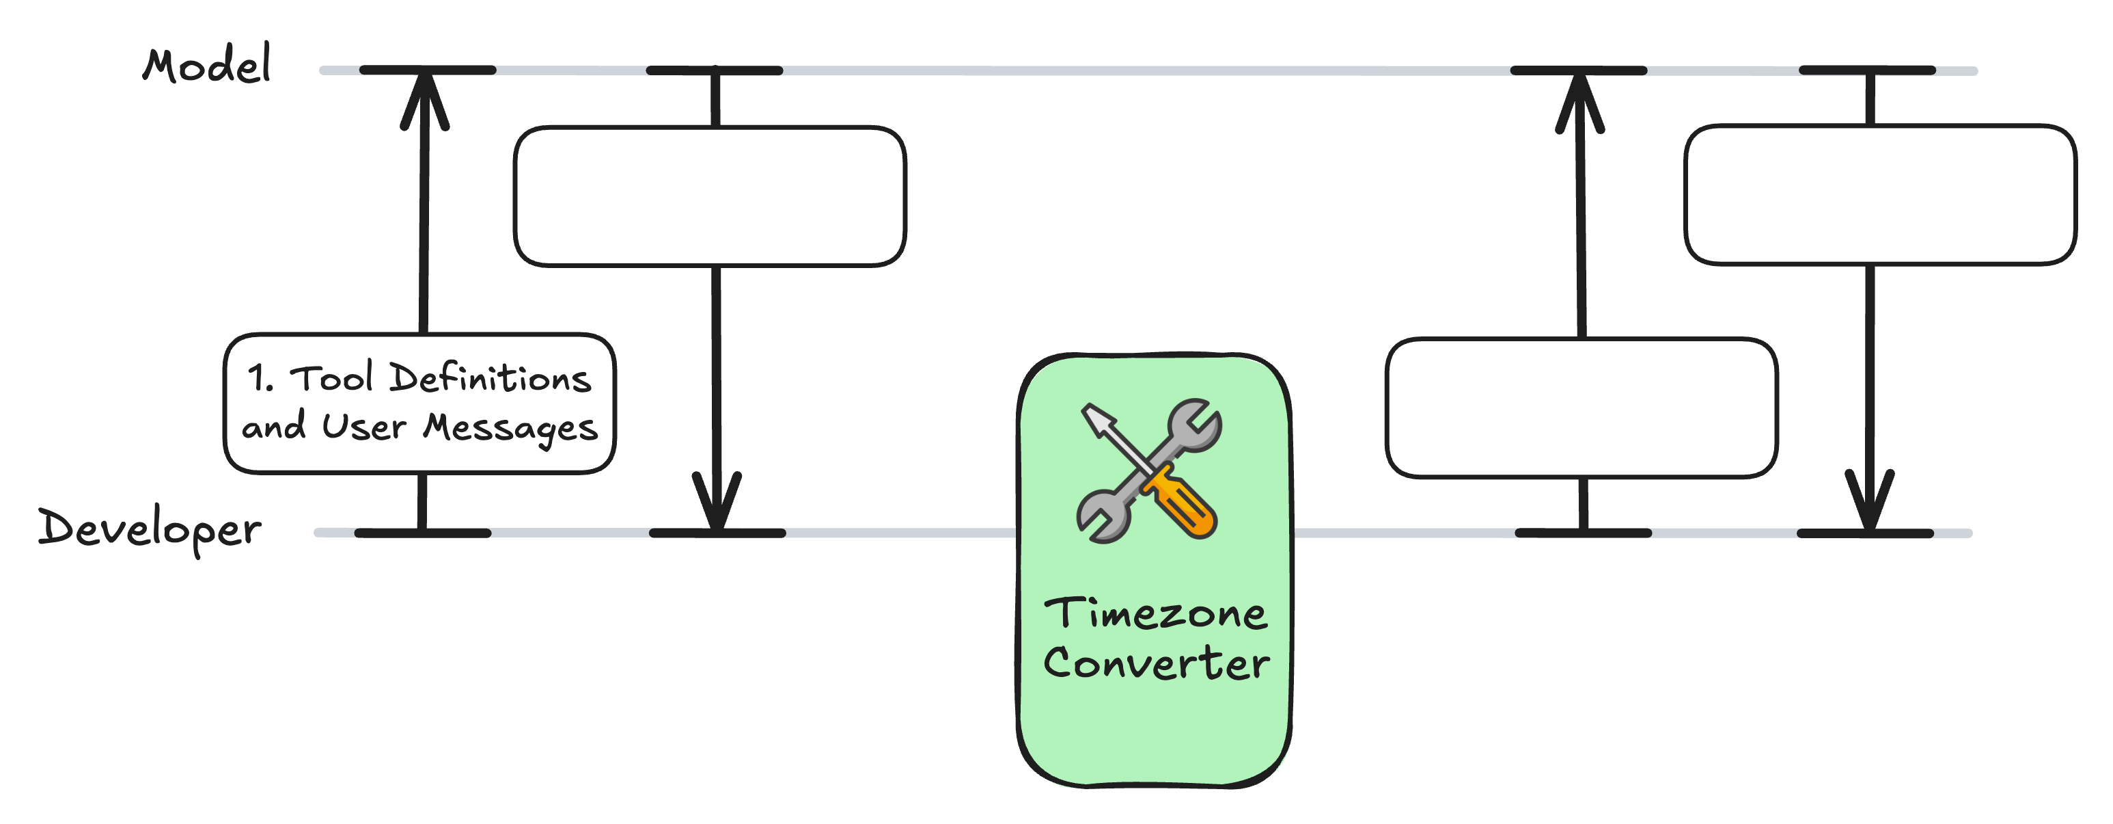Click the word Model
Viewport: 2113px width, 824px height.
click(207, 65)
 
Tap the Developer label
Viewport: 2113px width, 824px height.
click(150, 529)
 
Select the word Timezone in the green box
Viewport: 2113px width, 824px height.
click(1155, 614)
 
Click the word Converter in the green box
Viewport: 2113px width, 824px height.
click(1156, 663)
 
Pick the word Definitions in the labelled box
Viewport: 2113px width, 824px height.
click(490, 378)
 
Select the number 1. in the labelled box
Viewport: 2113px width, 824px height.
click(261, 379)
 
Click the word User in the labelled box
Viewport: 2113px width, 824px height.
click(363, 427)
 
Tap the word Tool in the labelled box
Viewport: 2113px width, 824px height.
click(332, 378)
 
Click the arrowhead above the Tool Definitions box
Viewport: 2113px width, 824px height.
click(425, 98)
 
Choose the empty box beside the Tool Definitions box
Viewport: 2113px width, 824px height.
click(710, 197)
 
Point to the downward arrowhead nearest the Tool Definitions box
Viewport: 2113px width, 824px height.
click(717, 501)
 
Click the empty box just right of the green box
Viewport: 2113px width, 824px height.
click(1582, 408)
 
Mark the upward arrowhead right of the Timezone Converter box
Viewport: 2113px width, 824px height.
click(1580, 103)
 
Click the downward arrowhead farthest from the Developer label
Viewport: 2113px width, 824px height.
click(1869, 499)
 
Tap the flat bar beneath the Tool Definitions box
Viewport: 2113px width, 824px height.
click(422, 533)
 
